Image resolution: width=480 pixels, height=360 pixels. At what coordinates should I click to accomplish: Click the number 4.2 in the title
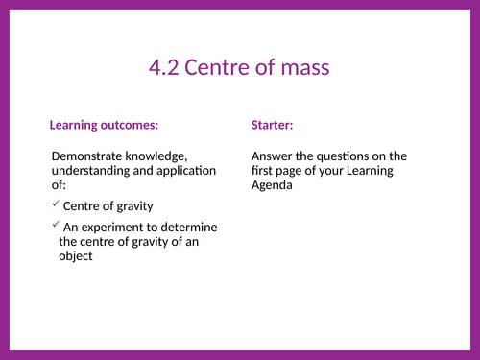tap(164, 67)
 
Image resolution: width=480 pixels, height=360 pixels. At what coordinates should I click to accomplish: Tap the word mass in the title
tap(306, 67)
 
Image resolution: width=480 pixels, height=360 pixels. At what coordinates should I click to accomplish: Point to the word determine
tap(192, 228)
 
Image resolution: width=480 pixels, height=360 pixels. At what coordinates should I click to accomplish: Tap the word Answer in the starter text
tap(273, 156)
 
